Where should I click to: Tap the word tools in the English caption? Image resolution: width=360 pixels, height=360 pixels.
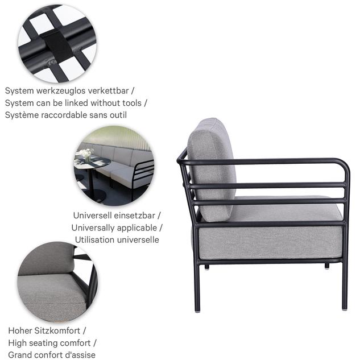(x=132, y=103)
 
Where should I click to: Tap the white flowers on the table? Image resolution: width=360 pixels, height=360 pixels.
(x=86, y=152)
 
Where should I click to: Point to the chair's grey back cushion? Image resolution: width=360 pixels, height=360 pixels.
(x=212, y=170)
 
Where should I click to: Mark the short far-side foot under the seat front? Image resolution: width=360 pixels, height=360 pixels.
(x=327, y=266)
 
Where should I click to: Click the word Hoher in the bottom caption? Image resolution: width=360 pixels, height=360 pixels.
(x=20, y=330)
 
